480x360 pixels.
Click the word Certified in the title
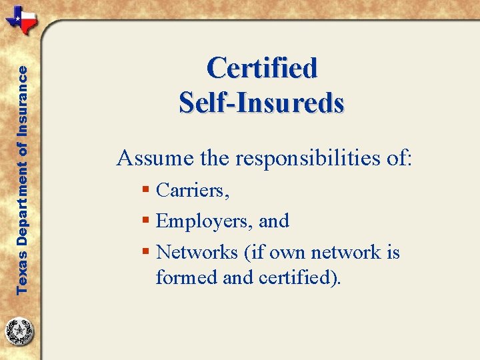(262, 68)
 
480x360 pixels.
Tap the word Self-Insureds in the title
(262, 102)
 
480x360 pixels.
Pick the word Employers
(203, 221)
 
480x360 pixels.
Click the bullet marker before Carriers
(146, 191)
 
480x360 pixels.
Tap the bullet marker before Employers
(146, 221)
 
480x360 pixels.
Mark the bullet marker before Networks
(146, 253)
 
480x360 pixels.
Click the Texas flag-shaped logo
(22, 20)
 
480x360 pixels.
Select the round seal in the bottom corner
(20, 331)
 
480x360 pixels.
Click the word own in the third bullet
(291, 253)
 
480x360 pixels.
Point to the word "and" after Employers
(275, 221)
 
